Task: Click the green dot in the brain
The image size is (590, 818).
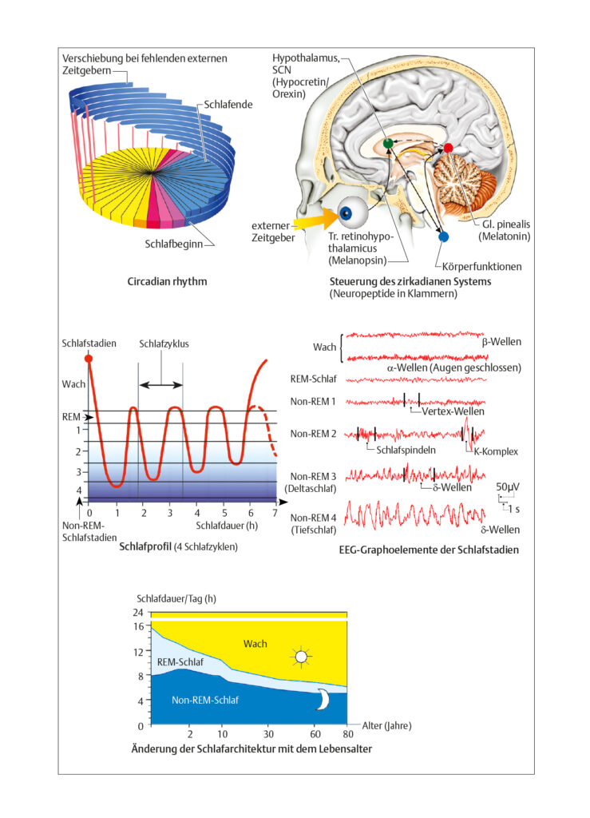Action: [x=387, y=143]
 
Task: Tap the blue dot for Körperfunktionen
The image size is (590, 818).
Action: [x=444, y=236]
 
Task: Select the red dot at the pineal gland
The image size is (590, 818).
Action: [x=448, y=149]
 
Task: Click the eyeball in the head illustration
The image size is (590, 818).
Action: [x=352, y=211]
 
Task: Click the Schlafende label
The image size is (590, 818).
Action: [x=228, y=105]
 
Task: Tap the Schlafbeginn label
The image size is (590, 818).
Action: [x=173, y=244]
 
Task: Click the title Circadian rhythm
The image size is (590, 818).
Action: [x=168, y=282]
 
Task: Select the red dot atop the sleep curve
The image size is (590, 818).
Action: [x=89, y=359]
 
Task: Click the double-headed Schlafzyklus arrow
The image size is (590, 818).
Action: [x=161, y=385]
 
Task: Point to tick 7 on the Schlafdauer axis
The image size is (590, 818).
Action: [x=275, y=514]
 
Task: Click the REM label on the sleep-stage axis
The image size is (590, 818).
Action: [x=71, y=417]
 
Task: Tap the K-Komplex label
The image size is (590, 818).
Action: [x=496, y=452]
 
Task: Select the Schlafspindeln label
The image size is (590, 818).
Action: [x=406, y=451]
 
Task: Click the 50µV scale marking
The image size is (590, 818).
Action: [x=508, y=486]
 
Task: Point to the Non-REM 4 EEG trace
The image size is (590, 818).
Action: [x=415, y=515]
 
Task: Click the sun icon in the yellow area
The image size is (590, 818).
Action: [x=301, y=657]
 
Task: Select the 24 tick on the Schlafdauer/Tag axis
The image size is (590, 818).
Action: [x=138, y=613]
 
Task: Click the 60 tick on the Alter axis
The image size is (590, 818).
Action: [x=315, y=734]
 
